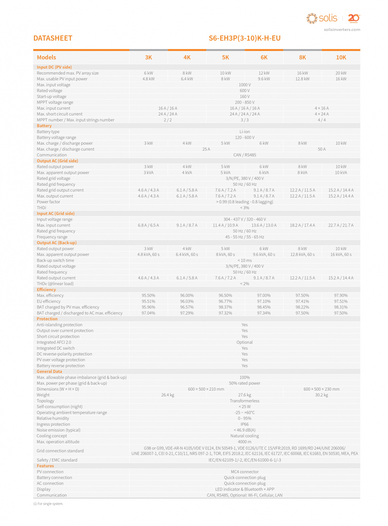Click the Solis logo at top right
(x=322, y=18)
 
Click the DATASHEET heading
(x=53, y=38)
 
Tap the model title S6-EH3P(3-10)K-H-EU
(x=244, y=38)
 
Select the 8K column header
(x=302, y=58)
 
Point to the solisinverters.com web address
(x=342, y=30)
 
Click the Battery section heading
(x=44, y=126)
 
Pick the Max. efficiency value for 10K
(x=341, y=296)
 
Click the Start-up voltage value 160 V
(x=244, y=97)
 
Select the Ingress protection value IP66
(x=244, y=424)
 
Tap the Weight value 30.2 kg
(x=321, y=395)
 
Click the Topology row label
(x=45, y=401)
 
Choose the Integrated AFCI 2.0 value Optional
(x=244, y=343)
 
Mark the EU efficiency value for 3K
(x=148, y=301)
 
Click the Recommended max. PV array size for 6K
(x=264, y=73)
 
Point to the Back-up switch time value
(x=244, y=260)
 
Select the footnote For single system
(x=48, y=504)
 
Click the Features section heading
(x=45, y=466)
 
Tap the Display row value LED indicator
(x=244, y=489)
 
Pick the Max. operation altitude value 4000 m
(x=244, y=442)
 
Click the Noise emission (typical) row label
(x=59, y=430)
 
